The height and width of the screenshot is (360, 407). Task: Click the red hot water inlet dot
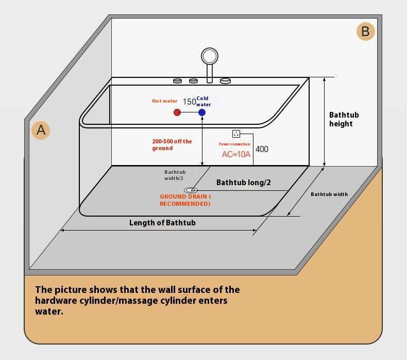[177, 112]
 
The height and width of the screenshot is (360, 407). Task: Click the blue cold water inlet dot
[202, 112]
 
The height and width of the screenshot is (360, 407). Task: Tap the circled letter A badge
[41, 130]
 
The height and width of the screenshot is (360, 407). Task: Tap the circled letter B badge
[365, 31]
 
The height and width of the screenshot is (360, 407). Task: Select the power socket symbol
[236, 134]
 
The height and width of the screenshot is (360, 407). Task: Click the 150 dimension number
[189, 102]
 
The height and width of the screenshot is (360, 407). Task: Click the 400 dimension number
[262, 150]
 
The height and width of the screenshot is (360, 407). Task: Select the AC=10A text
[236, 154]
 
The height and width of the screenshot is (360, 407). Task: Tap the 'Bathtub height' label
[344, 119]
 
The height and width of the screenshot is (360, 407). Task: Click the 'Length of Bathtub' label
[162, 223]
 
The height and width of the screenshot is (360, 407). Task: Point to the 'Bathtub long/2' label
[243, 183]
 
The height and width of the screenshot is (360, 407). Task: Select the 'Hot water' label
[164, 101]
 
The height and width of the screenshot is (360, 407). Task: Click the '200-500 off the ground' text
[172, 144]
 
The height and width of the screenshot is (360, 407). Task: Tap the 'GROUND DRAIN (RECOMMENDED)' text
[185, 200]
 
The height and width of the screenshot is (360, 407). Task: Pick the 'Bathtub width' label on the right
[329, 194]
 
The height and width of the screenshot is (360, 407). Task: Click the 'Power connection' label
[234, 144]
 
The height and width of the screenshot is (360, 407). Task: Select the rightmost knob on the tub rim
[225, 81]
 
